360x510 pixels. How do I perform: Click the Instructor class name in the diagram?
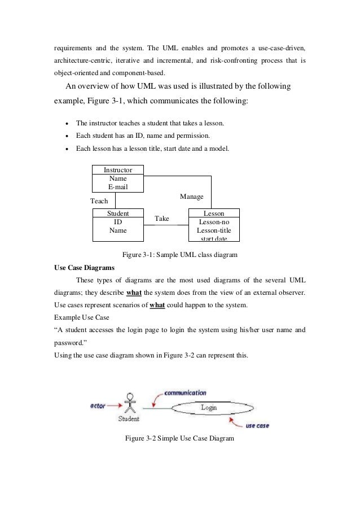(x=118, y=170)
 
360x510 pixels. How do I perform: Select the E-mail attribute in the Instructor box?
(x=118, y=187)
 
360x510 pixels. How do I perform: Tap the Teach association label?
(x=99, y=201)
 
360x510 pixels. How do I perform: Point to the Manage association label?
(x=192, y=196)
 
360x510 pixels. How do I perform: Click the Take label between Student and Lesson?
(x=162, y=219)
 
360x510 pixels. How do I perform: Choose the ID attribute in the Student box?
(x=118, y=222)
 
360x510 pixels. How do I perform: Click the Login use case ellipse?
(x=209, y=407)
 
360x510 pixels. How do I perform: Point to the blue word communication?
(x=187, y=393)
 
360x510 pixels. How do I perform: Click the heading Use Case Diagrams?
(x=84, y=267)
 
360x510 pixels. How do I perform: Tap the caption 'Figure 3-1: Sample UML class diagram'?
(x=180, y=255)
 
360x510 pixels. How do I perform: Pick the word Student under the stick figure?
(x=129, y=419)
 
